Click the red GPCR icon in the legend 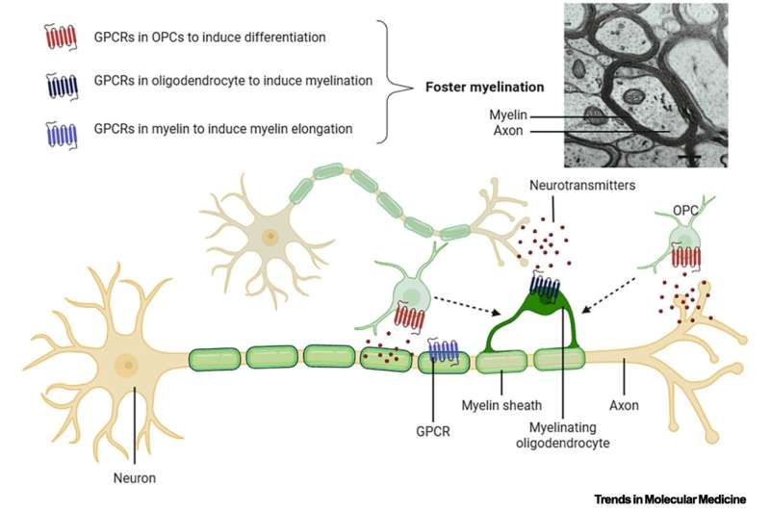pyautogui.click(x=61, y=38)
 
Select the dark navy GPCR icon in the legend pyautogui.click(x=62, y=87)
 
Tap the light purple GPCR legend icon pyautogui.click(x=62, y=135)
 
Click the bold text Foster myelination pyautogui.click(x=485, y=88)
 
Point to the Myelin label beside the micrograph pyautogui.click(x=508, y=115)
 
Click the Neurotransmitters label pyautogui.click(x=582, y=185)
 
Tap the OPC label pyautogui.click(x=685, y=211)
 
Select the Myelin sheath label pyautogui.click(x=501, y=405)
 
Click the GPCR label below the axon pyautogui.click(x=432, y=431)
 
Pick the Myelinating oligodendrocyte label pyautogui.click(x=563, y=435)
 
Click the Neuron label pyautogui.click(x=135, y=478)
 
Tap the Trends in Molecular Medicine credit pyautogui.click(x=670, y=499)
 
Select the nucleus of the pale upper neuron pyautogui.click(x=269, y=238)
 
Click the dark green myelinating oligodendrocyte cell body pyautogui.click(x=545, y=298)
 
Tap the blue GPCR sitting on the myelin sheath pyautogui.click(x=443, y=350)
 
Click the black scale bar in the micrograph pyautogui.click(x=689, y=157)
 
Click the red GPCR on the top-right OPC pyautogui.click(x=685, y=257)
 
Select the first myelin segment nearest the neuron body pyautogui.click(x=215, y=358)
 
